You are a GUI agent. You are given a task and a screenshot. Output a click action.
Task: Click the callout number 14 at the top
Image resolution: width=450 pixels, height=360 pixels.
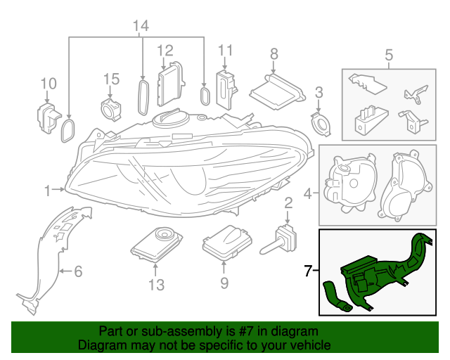pyautogui.click(x=141, y=26)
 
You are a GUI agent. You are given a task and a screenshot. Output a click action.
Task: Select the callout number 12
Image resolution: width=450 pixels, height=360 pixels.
pyautogui.click(x=165, y=50)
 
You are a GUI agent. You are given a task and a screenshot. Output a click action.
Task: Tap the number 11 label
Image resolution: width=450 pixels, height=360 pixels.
pyautogui.click(x=224, y=50)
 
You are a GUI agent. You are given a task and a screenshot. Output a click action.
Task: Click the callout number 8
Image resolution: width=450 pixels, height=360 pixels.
pyautogui.click(x=274, y=53)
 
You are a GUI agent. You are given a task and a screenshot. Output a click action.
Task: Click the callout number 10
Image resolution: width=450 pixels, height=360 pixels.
pyautogui.click(x=48, y=84)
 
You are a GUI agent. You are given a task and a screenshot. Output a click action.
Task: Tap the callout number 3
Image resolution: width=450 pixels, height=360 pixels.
pyautogui.click(x=319, y=92)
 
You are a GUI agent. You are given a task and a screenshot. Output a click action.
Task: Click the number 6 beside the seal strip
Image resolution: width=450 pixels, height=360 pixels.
pyautogui.click(x=78, y=270)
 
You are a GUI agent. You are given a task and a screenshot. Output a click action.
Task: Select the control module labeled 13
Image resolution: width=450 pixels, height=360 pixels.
pyautogui.click(x=156, y=243)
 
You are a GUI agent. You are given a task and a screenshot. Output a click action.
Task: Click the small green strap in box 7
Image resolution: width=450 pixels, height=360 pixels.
pyautogui.click(x=334, y=295)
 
